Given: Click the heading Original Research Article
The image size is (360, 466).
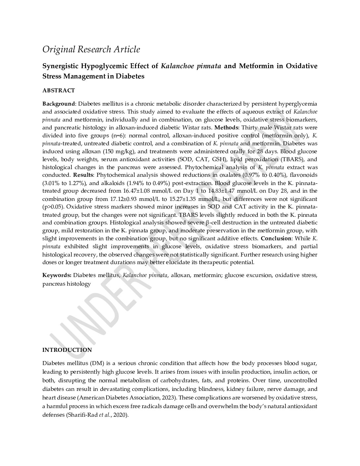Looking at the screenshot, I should point(91,50).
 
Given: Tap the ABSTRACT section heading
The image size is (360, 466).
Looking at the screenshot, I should point(59,90).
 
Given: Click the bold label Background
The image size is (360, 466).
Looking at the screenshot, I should point(59,104).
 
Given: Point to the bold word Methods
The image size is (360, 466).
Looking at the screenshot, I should point(226,127).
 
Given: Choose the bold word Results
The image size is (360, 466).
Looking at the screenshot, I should point(83,175).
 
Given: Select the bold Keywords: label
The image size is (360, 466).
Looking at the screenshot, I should point(57,275).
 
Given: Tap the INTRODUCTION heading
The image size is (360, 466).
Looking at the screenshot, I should point(67,350).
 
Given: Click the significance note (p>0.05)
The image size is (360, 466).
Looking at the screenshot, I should point(54,207).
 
